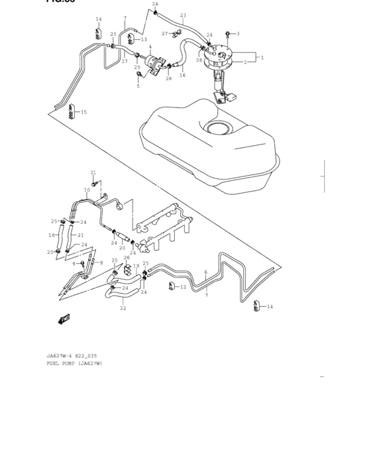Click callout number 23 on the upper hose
pos(183,15)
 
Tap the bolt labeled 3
pos(227,33)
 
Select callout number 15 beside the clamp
pos(83,112)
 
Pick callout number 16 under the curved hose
pos(182,76)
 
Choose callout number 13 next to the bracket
pos(144,40)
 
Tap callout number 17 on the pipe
pos(124,61)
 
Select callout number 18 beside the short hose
pos(51,235)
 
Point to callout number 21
pos(80,235)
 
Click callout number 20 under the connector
pos(122,248)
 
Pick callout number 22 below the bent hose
pos(123,308)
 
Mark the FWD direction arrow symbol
pos(64,319)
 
